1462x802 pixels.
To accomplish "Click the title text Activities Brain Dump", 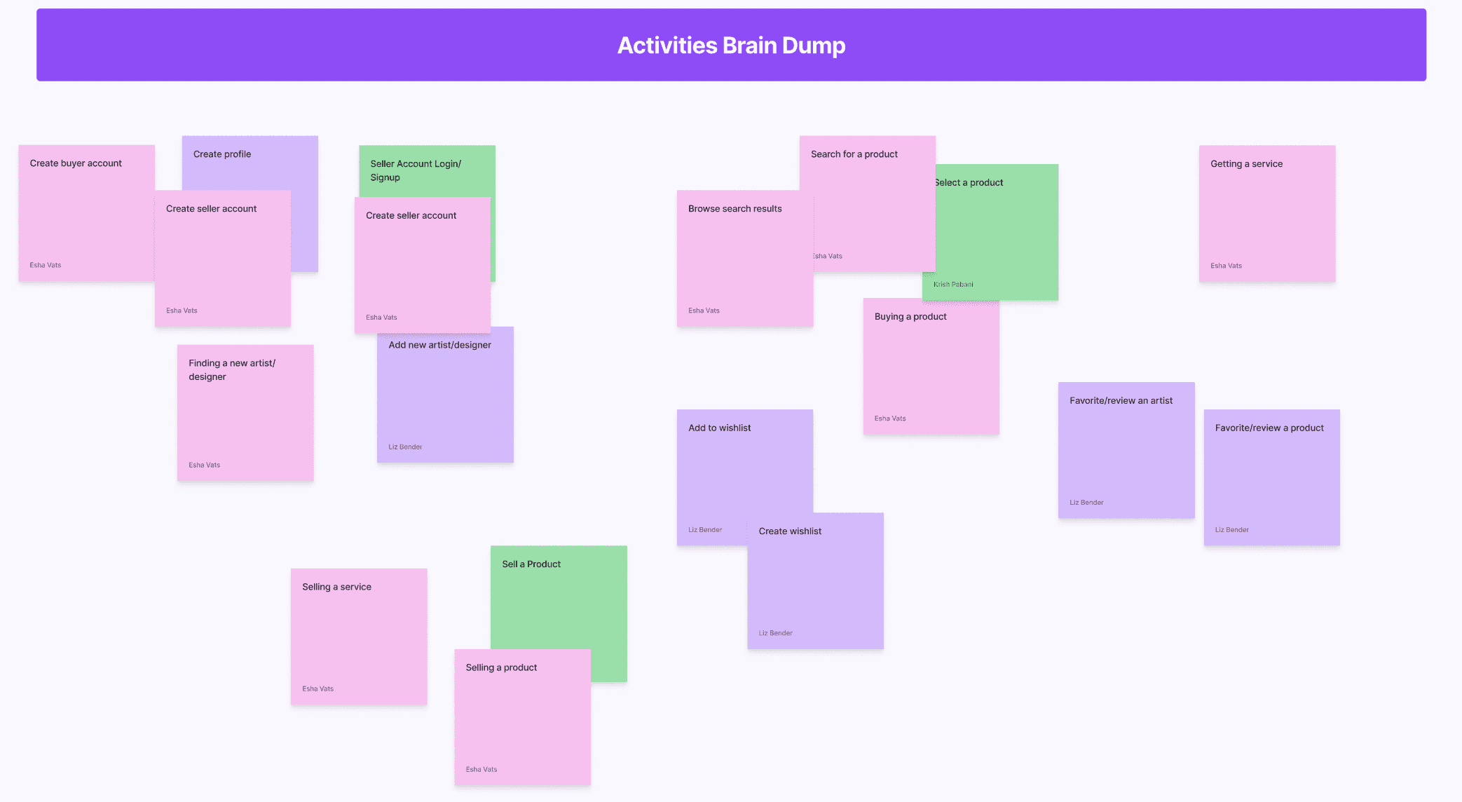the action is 731,46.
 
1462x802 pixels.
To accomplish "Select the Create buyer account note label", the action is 76,163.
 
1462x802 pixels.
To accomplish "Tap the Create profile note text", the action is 222,154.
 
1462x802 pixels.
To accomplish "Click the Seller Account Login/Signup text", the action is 415,170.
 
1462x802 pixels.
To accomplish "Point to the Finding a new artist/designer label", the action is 231,369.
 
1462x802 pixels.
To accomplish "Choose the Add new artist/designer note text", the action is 439,345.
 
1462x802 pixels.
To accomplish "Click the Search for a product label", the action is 854,154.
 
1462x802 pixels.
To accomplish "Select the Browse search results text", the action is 735,209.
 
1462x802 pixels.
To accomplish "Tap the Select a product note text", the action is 971,183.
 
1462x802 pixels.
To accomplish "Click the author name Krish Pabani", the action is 953,285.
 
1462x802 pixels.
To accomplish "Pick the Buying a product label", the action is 910,317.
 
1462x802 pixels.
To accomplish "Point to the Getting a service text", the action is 1246,164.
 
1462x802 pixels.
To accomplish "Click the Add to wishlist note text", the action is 719,428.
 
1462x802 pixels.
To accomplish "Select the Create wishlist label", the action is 790,531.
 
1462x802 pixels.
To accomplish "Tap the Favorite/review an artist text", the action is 1121,401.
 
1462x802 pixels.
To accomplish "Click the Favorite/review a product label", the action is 1269,428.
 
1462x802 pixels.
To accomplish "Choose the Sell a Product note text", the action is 531,564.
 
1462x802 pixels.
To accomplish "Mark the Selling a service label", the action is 336,587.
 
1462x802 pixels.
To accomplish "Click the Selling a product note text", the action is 501,668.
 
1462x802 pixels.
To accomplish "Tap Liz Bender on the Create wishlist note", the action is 775,633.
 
